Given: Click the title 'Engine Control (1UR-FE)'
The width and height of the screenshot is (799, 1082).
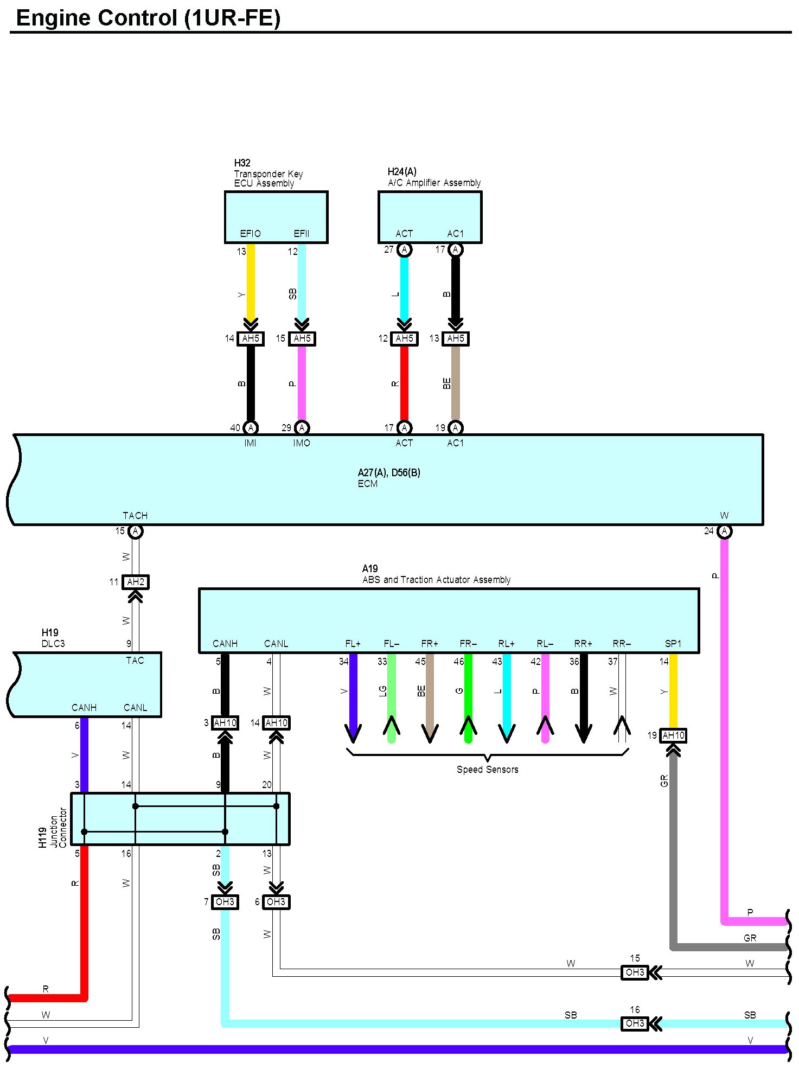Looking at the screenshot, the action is point(148,18).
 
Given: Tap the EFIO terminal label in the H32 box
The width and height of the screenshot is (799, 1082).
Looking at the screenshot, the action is point(250,234).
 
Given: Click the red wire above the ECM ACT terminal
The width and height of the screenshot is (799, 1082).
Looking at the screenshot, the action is point(404,383).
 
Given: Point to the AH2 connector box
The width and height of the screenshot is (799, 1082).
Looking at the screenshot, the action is point(135,582).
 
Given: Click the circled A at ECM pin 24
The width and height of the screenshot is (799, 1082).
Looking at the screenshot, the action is point(724,532).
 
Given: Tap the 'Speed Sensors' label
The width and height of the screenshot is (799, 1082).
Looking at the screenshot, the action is point(487,769).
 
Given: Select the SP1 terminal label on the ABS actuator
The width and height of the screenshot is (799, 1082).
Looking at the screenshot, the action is point(673,644).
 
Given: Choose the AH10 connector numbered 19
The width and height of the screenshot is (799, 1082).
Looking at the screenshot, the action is point(673,735).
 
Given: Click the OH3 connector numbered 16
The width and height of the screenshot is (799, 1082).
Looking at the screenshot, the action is point(635,1023).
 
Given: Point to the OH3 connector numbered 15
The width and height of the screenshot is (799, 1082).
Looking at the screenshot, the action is point(635,972).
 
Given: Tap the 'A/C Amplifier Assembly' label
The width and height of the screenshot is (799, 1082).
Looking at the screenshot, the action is point(434,183).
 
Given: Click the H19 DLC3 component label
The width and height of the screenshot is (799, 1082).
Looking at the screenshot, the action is point(53,638).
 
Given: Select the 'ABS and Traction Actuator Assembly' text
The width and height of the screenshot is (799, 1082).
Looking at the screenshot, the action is point(436,580).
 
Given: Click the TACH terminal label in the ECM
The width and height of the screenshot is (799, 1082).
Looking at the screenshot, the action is point(135,516).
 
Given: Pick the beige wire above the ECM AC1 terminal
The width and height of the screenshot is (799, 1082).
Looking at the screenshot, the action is point(456,383).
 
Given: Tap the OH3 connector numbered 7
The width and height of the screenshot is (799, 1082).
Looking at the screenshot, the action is point(225,902).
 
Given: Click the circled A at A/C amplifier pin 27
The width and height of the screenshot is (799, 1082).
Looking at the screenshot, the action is point(404,249).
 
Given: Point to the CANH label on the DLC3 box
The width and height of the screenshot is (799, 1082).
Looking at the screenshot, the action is point(84,708).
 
